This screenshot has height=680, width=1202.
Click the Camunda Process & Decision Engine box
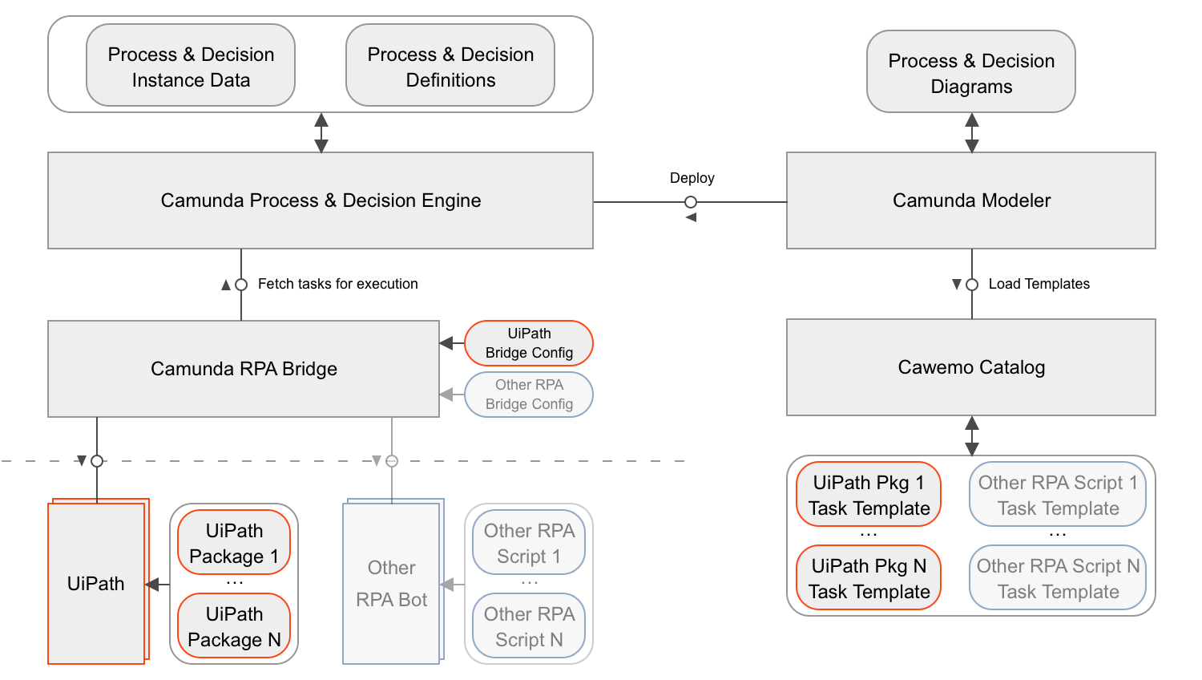[x=321, y=200]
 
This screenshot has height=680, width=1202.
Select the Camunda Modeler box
[x=971, y=200]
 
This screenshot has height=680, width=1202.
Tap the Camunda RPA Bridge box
[x=244, y=369]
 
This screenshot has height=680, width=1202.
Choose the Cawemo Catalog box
[x=971, y=367]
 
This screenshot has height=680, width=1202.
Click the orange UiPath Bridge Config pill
[x=529, y=343]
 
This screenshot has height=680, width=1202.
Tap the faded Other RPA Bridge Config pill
[x=529, y=395]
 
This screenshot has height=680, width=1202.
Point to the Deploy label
[x=692, y=178]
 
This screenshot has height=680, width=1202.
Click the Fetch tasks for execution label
[x=337, y=284]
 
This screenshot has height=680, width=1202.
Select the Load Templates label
[x=1039, y=284]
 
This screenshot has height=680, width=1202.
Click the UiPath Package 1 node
[x=234, y=543]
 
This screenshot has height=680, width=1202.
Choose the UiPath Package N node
[x=234, y=626]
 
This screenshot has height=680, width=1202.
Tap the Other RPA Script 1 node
[x=529, y=543]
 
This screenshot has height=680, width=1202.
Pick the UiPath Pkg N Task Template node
[x=869, y=578]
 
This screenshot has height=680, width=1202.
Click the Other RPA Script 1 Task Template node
[x=1058, y=495]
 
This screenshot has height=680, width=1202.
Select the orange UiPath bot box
[x=96, y=584]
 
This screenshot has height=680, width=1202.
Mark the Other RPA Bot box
[x=391, y=584]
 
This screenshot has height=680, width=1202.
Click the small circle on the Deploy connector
[x=691, y=202]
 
